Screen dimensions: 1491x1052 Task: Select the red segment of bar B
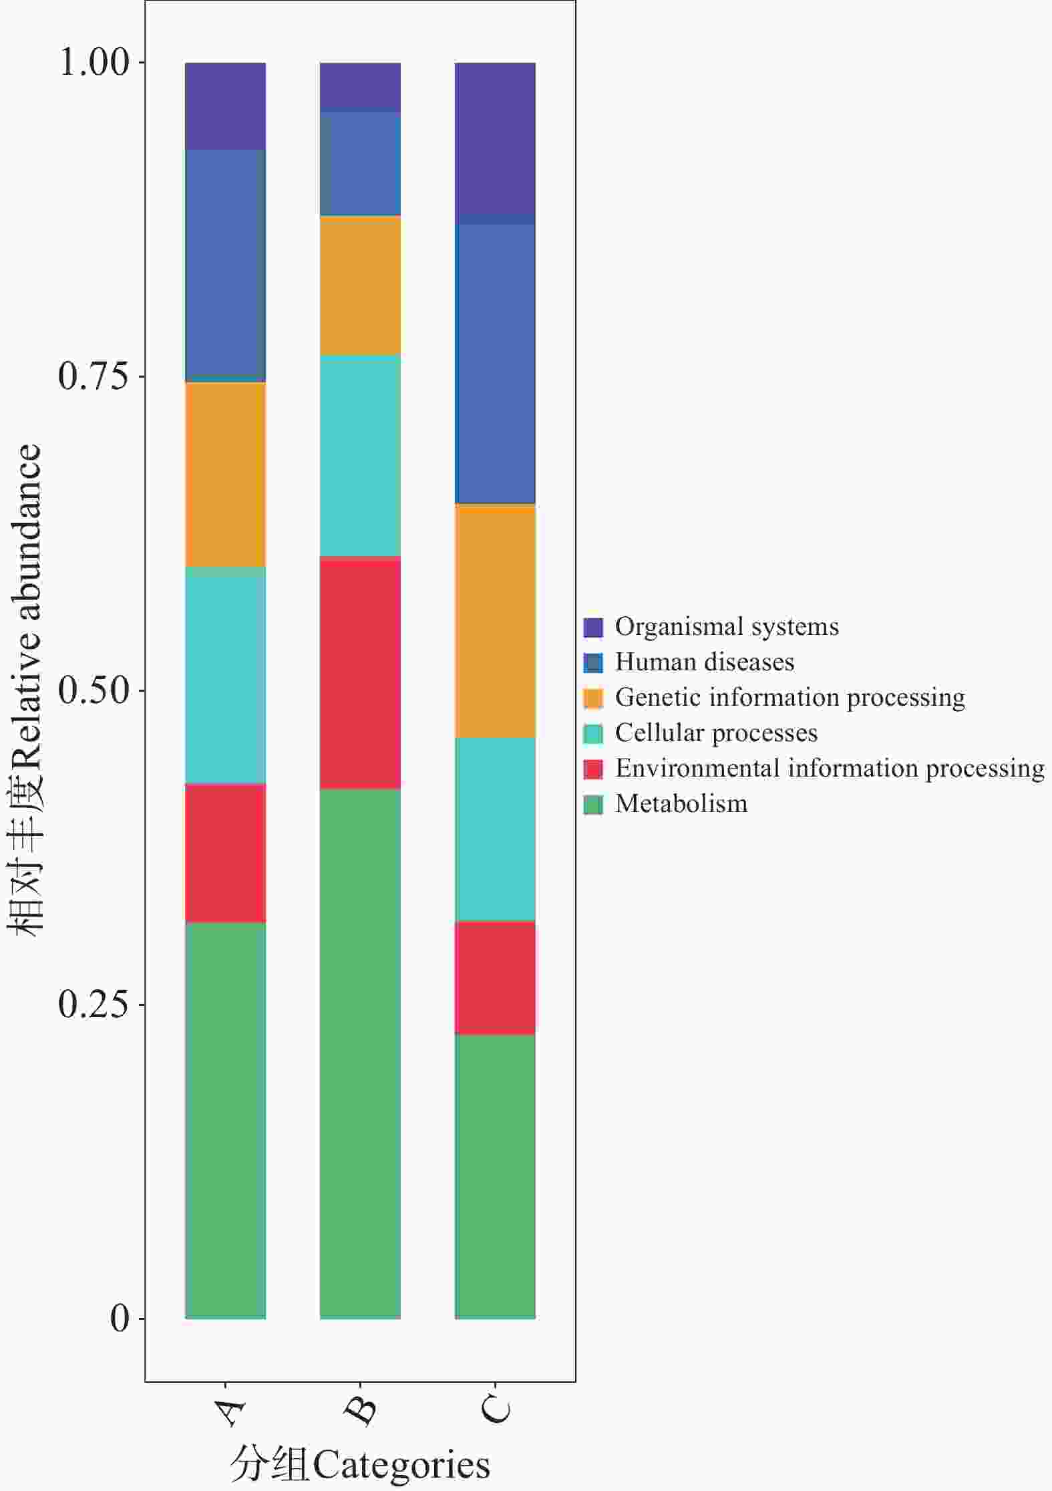(x=360, y=672)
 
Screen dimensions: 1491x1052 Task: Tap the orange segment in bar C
(x=495, y=621)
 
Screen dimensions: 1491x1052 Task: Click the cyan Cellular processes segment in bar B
(x=360, y=455)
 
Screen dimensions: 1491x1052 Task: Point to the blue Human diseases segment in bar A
(x=225, y=265)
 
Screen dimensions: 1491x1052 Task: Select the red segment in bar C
(x=495, y=978)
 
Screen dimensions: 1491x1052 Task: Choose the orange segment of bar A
(x=225, y=475)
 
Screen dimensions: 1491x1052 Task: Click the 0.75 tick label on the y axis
(x=93, y=376)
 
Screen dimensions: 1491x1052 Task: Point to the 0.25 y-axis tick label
(x=93, y=1004)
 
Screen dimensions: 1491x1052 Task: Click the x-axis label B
(x=361, y=1410)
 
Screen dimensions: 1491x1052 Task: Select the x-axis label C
(x=496, y=1410)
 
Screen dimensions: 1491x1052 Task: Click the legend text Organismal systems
(x=727, y=627)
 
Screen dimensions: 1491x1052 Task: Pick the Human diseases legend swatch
(x=593, y=662)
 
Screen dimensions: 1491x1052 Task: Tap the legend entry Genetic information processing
(x=790, y=698)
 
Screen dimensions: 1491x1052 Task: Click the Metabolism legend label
(x=681, y=804)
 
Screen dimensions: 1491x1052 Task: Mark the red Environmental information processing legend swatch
(x=593, y=769)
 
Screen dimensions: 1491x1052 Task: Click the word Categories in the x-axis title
(x=401, y=1465)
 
